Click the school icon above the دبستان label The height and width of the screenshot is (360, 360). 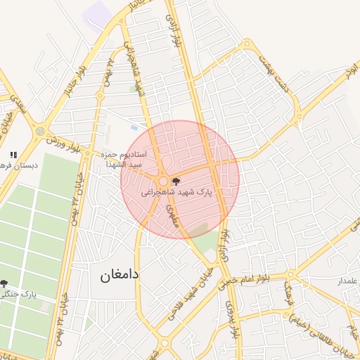[x=13, y=155]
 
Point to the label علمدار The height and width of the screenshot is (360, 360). [x=347, y=281]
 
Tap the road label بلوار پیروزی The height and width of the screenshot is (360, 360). [x=230, y=318]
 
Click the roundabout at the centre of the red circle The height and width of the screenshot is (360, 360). [x=163, y=181]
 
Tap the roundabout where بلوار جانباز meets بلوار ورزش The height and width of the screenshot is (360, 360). [x=40, y=131]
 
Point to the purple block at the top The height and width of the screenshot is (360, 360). [x=96, y=14]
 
